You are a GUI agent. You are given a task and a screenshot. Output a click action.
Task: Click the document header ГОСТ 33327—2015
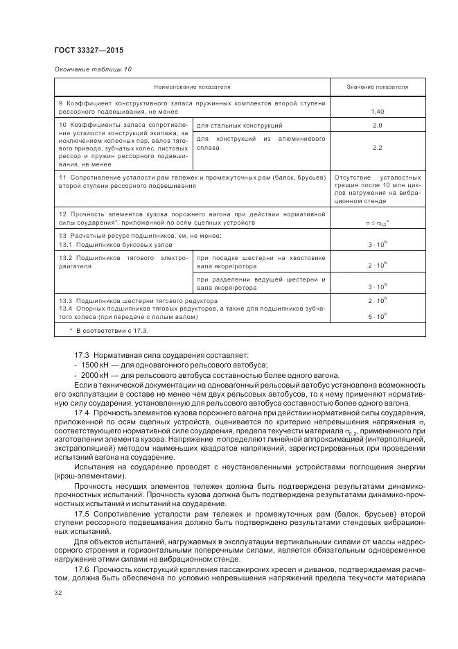pyautogui.click(x=89, y=51)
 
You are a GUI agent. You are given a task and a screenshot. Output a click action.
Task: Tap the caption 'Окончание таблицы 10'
pyautogui.click(x=92, y=69)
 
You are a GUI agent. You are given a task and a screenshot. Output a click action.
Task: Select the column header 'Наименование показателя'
pyautogui.click(x=193, y=87)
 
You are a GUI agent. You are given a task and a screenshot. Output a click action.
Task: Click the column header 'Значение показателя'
pyautogui.click(x=378, y=87)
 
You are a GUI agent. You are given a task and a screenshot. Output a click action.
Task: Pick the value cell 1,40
pyautogui.click(x=378, y=111)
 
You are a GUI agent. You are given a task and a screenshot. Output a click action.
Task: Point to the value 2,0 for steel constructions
pyautogui.click(x=378, y=126)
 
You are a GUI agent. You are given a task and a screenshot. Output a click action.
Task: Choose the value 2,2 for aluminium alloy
pyautogui.click(x=378, y=148)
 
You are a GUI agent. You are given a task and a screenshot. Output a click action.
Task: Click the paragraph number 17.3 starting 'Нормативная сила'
pyautogui.click(x=82, y=354)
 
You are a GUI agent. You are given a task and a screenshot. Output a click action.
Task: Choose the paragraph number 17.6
pyautogui.click(x=82, y=568)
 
